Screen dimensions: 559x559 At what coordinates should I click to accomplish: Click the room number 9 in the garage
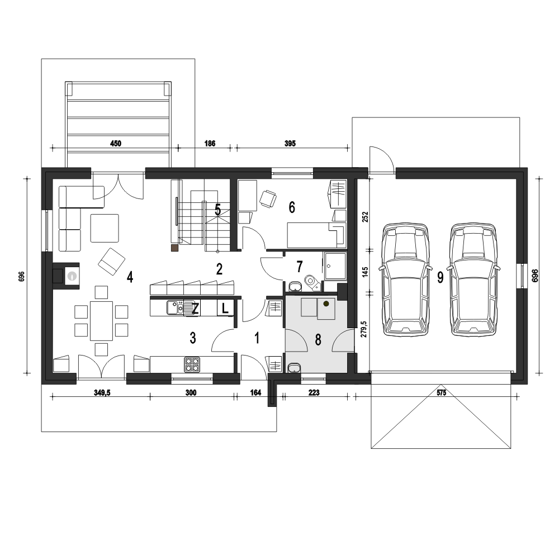(x=440, y=277)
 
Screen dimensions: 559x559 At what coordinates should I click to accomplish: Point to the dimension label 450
(x=116, y=143)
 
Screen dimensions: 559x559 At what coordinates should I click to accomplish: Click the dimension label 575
(x=442, y=392)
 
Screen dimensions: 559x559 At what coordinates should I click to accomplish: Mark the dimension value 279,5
(x=364, y=332)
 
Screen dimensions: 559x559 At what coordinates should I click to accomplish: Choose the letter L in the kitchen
(x=225, y=308)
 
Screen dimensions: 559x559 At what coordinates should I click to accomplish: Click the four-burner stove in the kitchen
(x=192, y=364)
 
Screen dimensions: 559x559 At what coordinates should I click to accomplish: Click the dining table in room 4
(x=101, y=321)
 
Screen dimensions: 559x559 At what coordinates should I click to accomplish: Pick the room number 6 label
(x=292, y=207)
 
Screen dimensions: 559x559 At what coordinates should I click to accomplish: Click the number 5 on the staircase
(x=217, y=210)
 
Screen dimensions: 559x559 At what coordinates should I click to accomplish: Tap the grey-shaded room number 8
(x=318, y=339)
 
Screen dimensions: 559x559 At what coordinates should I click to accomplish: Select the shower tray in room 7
(x=335, y=266)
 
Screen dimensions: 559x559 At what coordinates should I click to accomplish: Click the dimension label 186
(x=210, y=143)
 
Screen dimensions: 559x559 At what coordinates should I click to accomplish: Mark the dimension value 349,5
(x=102, y=392)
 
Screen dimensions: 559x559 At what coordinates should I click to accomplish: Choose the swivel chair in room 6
(x=268, y=198)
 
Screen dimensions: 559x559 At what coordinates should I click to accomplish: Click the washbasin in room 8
(x=293, y=368)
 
